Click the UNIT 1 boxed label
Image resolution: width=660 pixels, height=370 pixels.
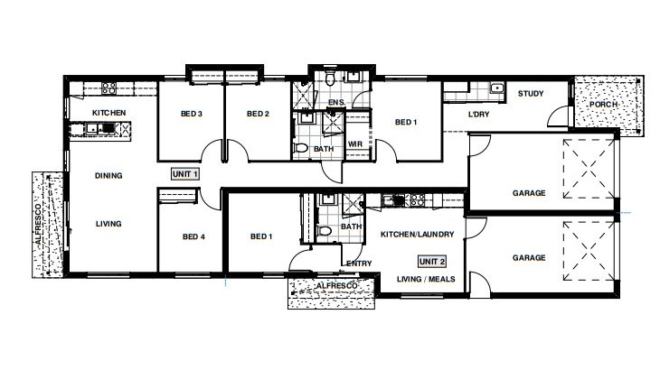184,172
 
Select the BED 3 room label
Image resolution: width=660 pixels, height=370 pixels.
191,114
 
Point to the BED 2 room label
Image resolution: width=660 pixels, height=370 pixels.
258,114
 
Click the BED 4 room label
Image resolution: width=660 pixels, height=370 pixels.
193,237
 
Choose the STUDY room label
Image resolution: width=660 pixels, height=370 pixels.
529,94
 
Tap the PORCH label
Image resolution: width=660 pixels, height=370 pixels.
602,104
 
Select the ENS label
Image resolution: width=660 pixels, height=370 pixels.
335,103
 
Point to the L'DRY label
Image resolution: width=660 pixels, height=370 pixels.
478,116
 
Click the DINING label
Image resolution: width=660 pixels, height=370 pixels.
108,176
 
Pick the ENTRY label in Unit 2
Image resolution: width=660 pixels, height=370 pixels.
357,264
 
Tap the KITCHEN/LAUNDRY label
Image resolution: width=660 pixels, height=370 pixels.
416,235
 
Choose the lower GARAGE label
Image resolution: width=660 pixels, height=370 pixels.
529,258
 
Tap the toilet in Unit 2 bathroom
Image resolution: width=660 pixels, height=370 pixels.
327,232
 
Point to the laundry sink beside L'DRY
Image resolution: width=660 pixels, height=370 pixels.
496,88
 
